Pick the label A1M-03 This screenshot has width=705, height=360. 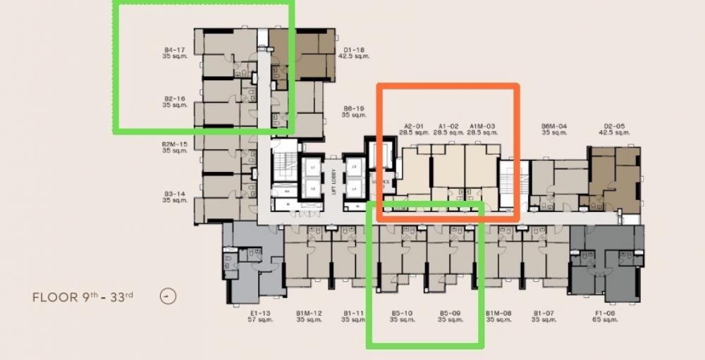(482, 126)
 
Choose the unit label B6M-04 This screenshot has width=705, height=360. (554, 126)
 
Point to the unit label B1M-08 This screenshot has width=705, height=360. (498, 313)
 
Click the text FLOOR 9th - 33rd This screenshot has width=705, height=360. (83, 297)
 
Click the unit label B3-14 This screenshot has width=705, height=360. (174, 193)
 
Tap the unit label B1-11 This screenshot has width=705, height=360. (354, 313)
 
